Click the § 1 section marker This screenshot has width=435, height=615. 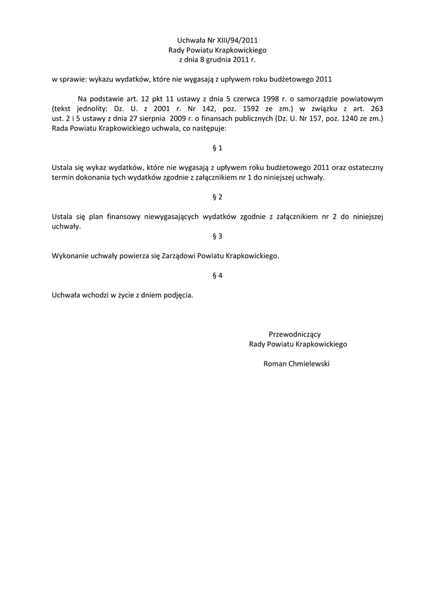(218, 148)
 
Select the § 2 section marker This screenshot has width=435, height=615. (218, 197)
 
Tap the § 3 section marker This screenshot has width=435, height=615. (218, 236)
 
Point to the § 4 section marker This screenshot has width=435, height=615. (218, 276)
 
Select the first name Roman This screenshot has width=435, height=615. (276, 363)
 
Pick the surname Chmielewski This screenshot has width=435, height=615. (310, 363)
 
